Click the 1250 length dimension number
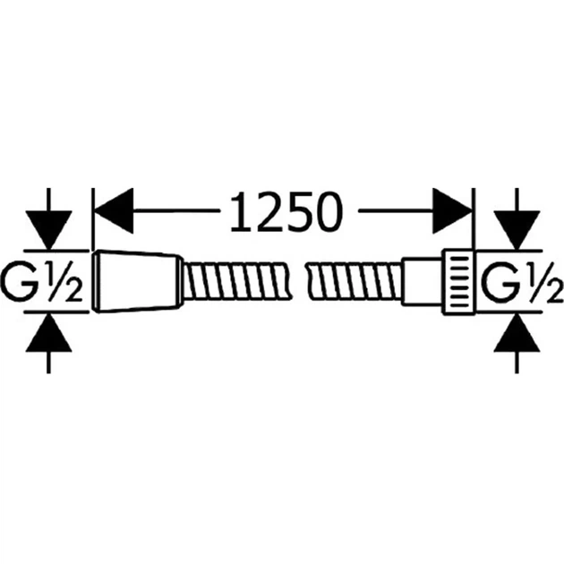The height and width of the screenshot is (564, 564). (286, 211)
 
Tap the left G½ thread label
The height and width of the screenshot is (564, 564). (42, 280)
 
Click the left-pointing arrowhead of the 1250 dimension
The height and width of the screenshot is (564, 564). (114, 210)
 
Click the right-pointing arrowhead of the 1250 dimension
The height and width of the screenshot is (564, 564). (452, 210)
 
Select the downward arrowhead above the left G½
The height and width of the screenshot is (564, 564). (48, 229)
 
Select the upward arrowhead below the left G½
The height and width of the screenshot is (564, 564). (48, 332)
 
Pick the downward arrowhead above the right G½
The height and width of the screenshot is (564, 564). (517, 229)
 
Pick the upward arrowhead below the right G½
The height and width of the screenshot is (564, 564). (517, 332)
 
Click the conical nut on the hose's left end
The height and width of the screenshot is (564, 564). (136, 280)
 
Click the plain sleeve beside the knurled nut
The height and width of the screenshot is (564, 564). (422, 281)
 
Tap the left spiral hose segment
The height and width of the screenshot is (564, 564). (236, 281)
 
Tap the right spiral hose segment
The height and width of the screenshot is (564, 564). (354, 281)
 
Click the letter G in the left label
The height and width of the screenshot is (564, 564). (20, 280)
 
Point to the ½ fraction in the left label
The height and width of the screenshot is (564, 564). (63, 280)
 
